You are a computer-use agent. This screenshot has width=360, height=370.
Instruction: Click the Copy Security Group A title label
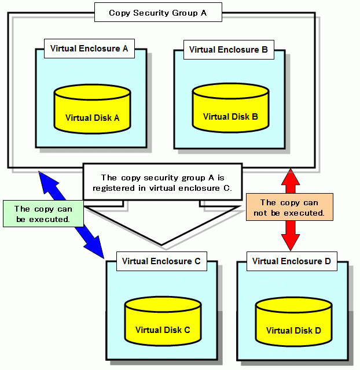pyautogui.click(x=157, y=13)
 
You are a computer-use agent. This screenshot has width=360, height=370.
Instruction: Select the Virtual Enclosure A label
pyautogui.click(x=89, y=49)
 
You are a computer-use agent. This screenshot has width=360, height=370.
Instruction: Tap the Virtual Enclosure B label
pyautogui.click(x=228, y=50)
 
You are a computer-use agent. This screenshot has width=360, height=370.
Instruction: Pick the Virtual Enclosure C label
pyautogui.click(x=161, y=261)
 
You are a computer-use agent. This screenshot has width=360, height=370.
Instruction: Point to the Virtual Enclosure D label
pyautogui.click(x=291, y=261)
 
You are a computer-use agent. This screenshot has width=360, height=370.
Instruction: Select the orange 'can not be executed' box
pyautogui.click(x=289, y=208)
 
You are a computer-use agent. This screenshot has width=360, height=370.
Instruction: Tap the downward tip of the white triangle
pyautogui.click(x=162, y=243)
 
